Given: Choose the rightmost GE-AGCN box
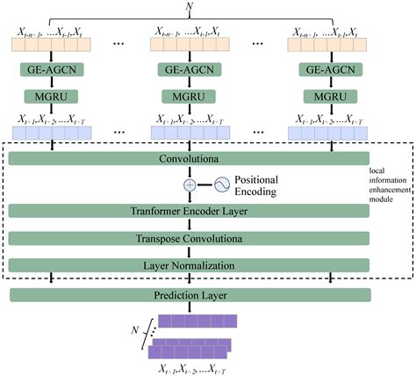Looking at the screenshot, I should coord(329,69).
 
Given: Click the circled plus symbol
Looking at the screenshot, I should coord(189,185).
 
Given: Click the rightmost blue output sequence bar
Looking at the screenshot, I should coord(329,132).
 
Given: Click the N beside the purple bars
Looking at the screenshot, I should coord(136,332).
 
